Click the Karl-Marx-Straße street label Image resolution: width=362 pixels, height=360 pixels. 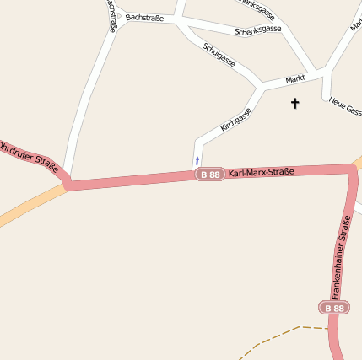261,172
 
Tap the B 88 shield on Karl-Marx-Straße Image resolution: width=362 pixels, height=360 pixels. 209,175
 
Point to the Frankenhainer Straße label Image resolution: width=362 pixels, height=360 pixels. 341,258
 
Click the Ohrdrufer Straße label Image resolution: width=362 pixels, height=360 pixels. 28,156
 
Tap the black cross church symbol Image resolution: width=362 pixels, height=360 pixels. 294,104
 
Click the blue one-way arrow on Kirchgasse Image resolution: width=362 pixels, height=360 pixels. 197,159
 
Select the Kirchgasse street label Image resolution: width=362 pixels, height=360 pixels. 236,119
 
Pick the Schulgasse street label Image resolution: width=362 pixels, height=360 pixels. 219,53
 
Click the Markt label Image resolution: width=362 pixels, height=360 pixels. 294,78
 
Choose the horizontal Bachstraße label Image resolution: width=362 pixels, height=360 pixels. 143,17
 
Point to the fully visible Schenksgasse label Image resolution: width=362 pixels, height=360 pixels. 257,30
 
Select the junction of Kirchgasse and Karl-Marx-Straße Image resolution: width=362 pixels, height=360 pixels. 196,175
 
